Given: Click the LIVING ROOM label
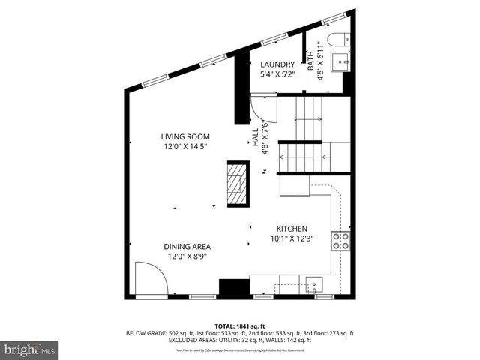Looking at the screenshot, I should (x=185, y=136).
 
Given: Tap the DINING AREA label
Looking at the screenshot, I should (x=187, y=246).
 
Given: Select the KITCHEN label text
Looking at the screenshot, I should (x=292, y=229).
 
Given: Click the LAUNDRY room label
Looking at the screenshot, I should (x=277, y=64).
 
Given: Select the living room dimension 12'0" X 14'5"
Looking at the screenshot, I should (x=185, y=147).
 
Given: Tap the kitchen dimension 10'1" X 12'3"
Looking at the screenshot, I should (x=292, y=239).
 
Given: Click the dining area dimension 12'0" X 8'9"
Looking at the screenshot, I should (x=187, y=256).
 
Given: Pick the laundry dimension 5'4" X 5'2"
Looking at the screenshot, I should (x=277, y=74).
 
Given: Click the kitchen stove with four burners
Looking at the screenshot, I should (x=340, y=240).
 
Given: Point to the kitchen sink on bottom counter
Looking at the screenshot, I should (x=313, y=283).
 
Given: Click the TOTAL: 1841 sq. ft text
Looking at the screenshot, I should (x=240, y=325).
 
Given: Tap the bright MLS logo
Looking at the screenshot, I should (x=30, y=349).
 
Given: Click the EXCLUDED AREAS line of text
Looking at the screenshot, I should (x=240, y=341).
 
